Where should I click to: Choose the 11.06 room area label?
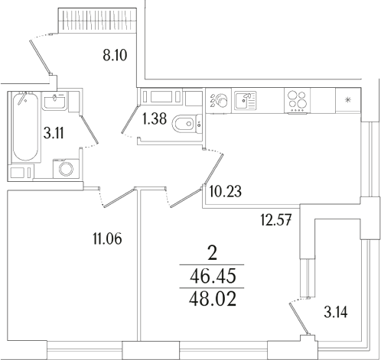(106, 240)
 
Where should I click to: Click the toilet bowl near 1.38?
(184, 125)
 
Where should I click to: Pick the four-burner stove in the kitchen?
(298, 100)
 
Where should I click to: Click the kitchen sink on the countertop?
(246, 100)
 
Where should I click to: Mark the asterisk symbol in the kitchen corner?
(349, 100)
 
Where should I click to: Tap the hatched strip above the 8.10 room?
(98, 17)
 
